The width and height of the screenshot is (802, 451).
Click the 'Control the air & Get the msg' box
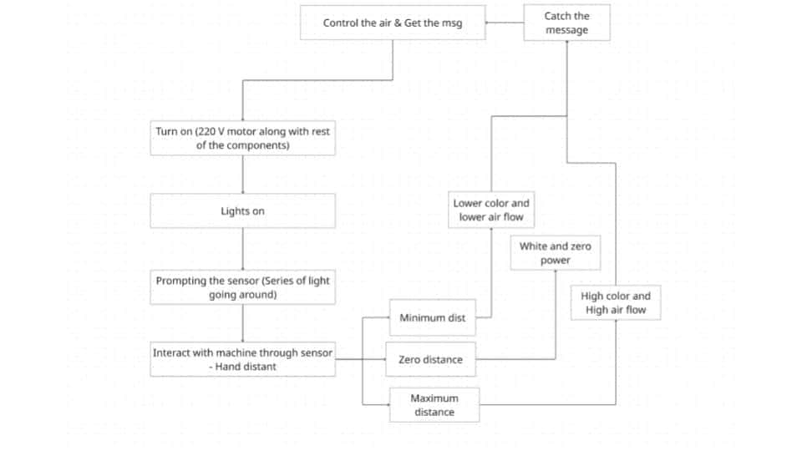point(393,23)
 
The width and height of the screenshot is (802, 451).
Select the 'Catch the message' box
point(567,23)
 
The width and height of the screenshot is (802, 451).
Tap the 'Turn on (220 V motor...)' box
point(242,139)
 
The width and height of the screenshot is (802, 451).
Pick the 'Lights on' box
point(242,211)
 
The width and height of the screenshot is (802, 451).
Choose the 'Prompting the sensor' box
point(242,288)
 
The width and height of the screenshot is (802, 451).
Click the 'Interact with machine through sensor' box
point(242,359)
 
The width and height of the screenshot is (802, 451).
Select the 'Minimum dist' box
point(432,317)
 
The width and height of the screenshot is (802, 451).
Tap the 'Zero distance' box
point(430,359)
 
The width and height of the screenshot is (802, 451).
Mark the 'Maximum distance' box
point(434,405)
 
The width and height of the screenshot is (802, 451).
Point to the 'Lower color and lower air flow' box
point(491,210)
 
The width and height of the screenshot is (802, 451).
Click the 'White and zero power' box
point(556,253)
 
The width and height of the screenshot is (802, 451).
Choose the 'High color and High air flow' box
point(615,303)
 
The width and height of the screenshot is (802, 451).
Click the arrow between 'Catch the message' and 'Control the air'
point(505,23)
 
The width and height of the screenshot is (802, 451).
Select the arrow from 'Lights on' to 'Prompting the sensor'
point(243,249)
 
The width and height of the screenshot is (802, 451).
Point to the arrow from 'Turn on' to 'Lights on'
point(243,175)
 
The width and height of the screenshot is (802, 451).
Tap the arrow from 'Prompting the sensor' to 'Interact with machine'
point(243,324)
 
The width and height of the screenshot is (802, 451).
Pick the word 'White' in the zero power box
point(533,246)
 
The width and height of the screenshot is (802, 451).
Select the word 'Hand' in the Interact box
point(231,367)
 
